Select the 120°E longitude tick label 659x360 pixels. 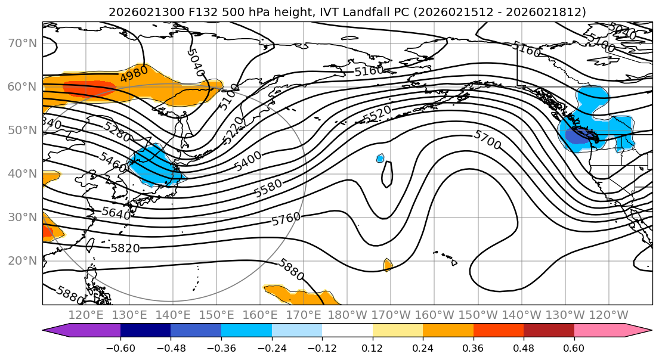click(86, 315)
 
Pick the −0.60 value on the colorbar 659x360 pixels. click(120, 347)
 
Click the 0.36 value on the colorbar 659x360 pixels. click(473, 347)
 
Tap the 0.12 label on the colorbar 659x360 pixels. click(372, 347)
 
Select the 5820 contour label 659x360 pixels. click(125, 248)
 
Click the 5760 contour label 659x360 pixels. click(286, 219)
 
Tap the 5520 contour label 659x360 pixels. click(377, 114)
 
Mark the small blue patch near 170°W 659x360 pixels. click(380, 158)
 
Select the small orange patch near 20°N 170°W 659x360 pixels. click(388, 264)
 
